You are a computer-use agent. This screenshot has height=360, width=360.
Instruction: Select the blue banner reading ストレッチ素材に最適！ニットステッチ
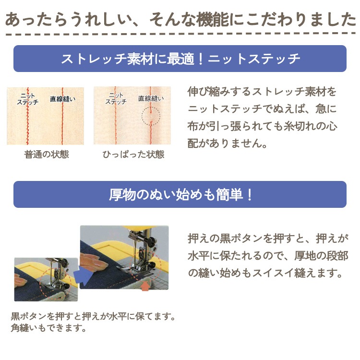[180, 59]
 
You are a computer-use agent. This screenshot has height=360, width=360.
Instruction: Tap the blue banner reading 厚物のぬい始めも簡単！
[180, 194]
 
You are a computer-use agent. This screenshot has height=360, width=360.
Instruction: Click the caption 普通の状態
[47, 155]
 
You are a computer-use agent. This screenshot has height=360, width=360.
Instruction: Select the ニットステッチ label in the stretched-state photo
[115, 98]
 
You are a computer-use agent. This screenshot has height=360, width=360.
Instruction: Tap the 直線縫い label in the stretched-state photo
[151, 98]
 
